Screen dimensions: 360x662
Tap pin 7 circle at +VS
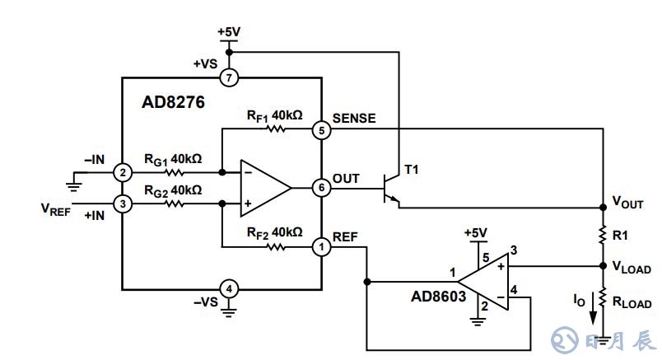[230, 78]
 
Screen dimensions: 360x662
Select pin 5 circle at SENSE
[320, 130]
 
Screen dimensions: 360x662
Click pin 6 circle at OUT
[320, 188]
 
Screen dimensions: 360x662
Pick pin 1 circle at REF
[320, 245]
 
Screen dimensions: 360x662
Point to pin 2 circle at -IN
[123, 173]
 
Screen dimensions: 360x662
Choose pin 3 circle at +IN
[123, 203]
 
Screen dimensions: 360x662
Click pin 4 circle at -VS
[230, 289]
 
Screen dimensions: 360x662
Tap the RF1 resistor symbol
[276, 130]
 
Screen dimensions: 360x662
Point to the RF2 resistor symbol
[276, 245]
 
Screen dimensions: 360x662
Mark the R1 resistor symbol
[603, 234]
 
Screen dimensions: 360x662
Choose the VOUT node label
[627, 203]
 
